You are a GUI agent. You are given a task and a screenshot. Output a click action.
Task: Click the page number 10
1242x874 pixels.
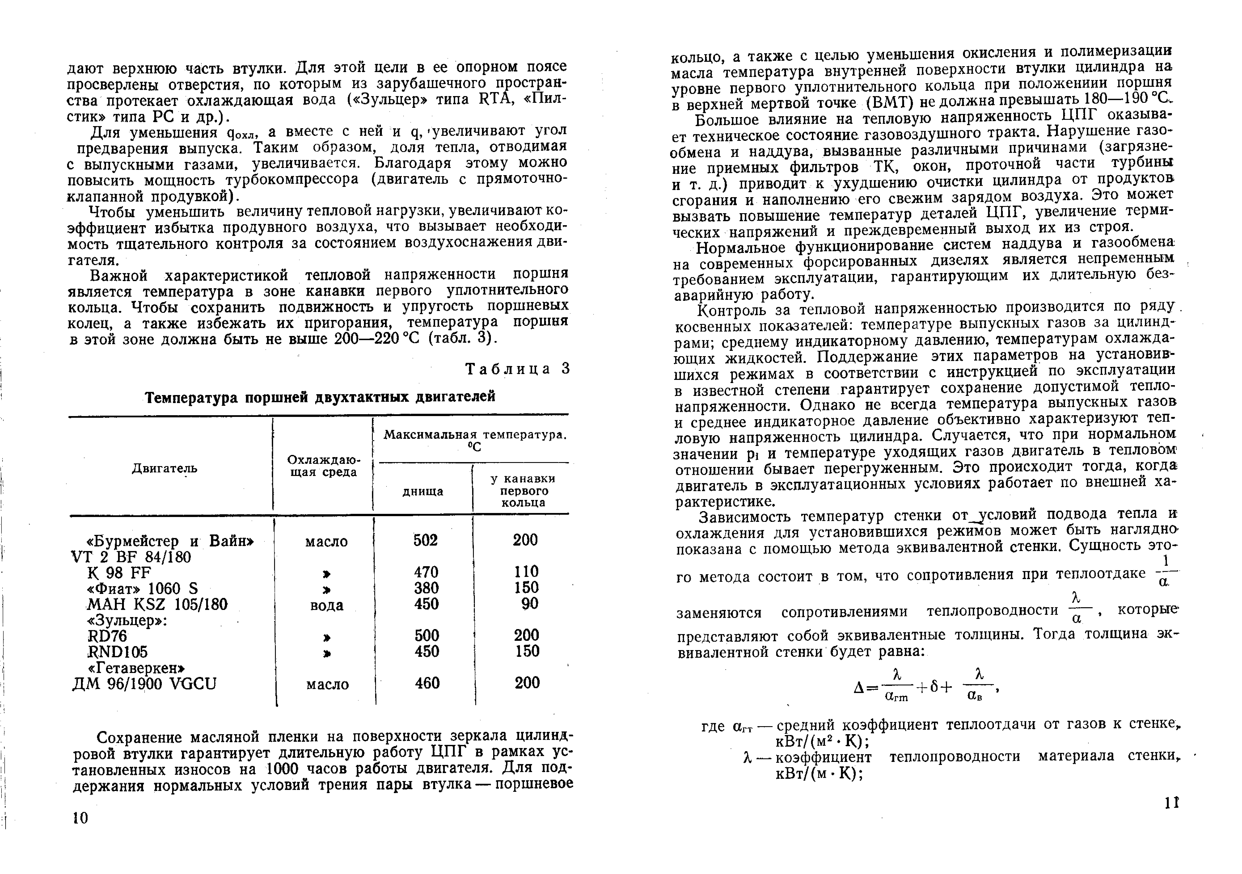pyautogui.click(x=80, y=818)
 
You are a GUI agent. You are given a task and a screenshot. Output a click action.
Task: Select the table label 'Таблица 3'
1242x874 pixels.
pyautogui.click(x=518, y=369)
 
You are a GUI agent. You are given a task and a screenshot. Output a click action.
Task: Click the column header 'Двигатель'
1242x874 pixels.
pyautogui.click(x=164, y=468)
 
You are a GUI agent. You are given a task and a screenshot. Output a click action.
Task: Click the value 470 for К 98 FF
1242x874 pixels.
pyautogui.click(x=426, y=572)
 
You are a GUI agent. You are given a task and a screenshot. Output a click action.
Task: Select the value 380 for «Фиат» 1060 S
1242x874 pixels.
pyautogui.click(x=426, y=588)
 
